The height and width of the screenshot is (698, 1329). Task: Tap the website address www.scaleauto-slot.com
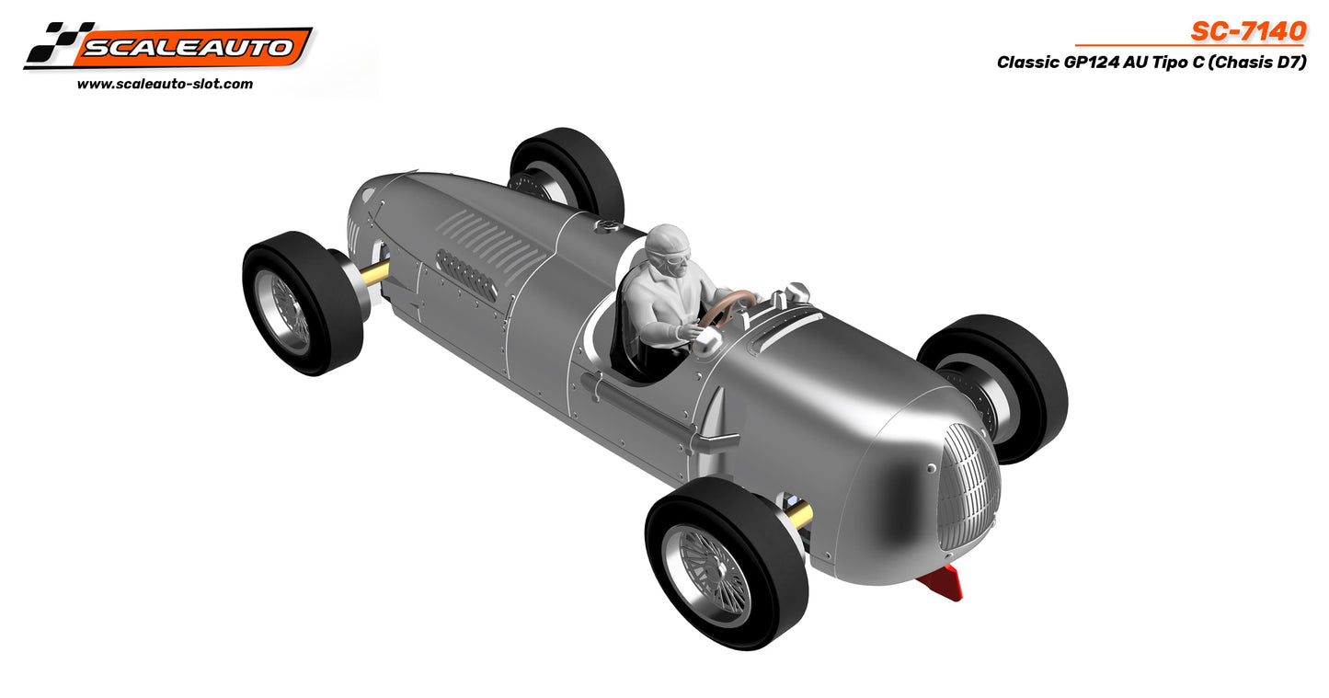165,84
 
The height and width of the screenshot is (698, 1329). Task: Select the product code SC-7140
1248,31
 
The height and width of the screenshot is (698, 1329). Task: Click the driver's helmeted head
668,249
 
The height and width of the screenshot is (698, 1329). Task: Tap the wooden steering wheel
727,307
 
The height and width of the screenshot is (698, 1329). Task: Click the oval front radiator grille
968,487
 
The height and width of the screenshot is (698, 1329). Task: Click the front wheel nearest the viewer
726,561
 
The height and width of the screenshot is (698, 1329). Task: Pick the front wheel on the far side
993,386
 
